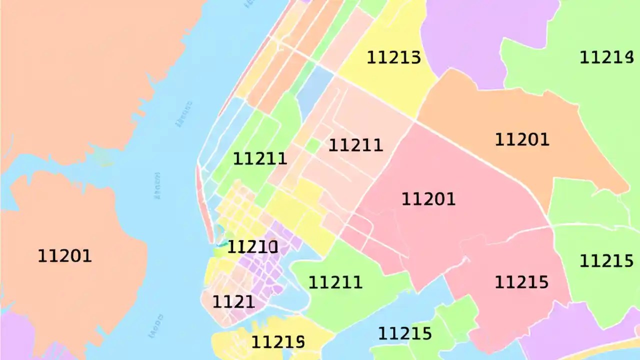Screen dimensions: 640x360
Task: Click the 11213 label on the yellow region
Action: tap(393, 57)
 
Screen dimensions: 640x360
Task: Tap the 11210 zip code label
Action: tap(252, 246)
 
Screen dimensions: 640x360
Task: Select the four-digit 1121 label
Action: tap(233, 302)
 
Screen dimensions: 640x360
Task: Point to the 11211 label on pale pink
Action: tap(355, 145)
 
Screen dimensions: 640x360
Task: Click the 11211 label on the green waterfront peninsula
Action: tap(335, 282)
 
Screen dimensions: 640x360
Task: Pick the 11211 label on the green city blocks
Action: tap(260, 159)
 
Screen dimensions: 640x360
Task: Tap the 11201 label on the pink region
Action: tap(428, 199)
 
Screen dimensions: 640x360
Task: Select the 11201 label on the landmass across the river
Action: tap(65, 256)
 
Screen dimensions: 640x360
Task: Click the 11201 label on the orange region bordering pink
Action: tap(521, 139)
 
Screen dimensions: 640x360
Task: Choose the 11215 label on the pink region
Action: tap(521, 282)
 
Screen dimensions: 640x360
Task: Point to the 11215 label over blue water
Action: tap(404, 333)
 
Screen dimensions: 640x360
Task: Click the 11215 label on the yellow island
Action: tap(277, 342)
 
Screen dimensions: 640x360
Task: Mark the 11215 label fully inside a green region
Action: tap(606, 260)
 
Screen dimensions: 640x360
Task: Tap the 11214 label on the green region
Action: tap(605, 57)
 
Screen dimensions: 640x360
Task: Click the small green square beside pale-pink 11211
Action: tap(313, 145)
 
